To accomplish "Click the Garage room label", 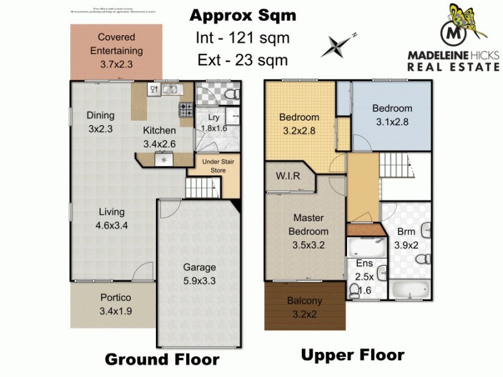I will pos(199,274).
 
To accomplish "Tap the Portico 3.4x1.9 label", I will pos(115,304).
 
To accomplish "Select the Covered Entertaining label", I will pos(116,50).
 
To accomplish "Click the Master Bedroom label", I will pos(308,231).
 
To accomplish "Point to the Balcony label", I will pos(304,307).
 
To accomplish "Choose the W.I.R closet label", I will pos(289,177).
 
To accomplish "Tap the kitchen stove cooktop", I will pos(186,110).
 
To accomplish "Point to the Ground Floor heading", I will pos(162,359).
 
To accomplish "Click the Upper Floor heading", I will pos(352,355).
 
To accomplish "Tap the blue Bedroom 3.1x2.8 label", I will pos(392,115).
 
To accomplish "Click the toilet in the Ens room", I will pos(355,289).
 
